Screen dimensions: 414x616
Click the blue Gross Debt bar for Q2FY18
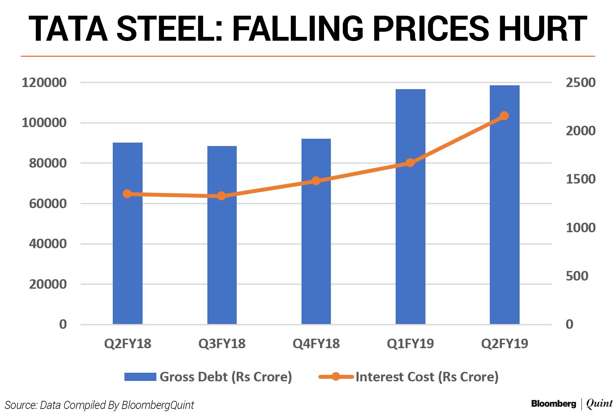(x=127, y=256)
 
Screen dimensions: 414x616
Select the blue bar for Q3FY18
(x=222, y=256)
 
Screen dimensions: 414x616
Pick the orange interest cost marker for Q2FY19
(x=504, y=116)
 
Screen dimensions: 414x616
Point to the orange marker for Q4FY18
(x=316, y=181)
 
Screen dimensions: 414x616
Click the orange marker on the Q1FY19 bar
(x=410, y=163)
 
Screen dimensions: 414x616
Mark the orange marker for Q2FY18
(x=127, y=194)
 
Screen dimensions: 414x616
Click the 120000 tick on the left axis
(x=44, y=83)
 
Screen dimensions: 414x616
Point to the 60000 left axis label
(x=48, y=203)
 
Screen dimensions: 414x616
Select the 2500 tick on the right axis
(x=580, y=83)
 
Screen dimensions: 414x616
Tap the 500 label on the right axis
(x=577, y=276)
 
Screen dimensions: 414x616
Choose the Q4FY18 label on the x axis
(x=316, y=344)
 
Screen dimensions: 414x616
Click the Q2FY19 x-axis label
(x=504, y=344)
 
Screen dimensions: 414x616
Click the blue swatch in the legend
(x=140, y=377)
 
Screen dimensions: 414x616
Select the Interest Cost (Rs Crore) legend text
(x=427, y=377)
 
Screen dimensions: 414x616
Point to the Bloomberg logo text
(x=553, y=404)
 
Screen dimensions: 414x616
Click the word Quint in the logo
(x=599, y=404)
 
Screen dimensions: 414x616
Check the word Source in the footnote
(x=21, y=405)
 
